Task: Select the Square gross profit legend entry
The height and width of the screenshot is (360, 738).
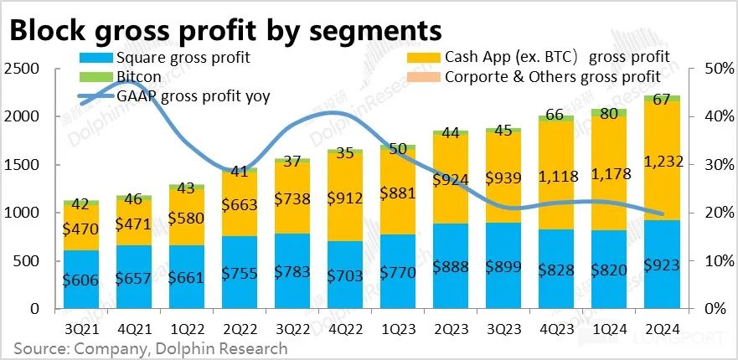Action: click(x=176, y=58)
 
